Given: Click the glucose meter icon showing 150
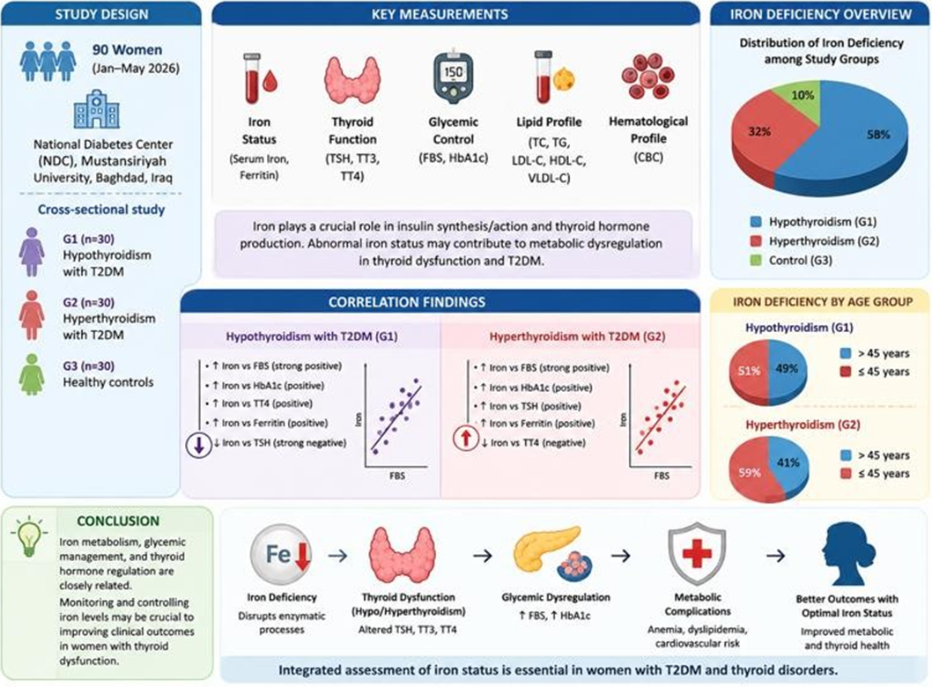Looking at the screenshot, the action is (454, 78).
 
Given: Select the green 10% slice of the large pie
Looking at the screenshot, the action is (798, 98).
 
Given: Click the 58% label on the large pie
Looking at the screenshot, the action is (878, 134).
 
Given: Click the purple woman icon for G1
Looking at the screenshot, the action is (32, 252).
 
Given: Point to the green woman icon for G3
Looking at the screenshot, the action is (32, 374).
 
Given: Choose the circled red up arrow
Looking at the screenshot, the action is (466, 439).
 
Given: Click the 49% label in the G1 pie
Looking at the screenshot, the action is (787, 368).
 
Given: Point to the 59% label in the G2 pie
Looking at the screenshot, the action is (750, 473).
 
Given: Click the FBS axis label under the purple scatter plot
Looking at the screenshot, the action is (397, 476).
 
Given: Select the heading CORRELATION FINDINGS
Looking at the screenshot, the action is (407, 302).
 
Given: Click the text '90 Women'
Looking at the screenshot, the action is (127, 50).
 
